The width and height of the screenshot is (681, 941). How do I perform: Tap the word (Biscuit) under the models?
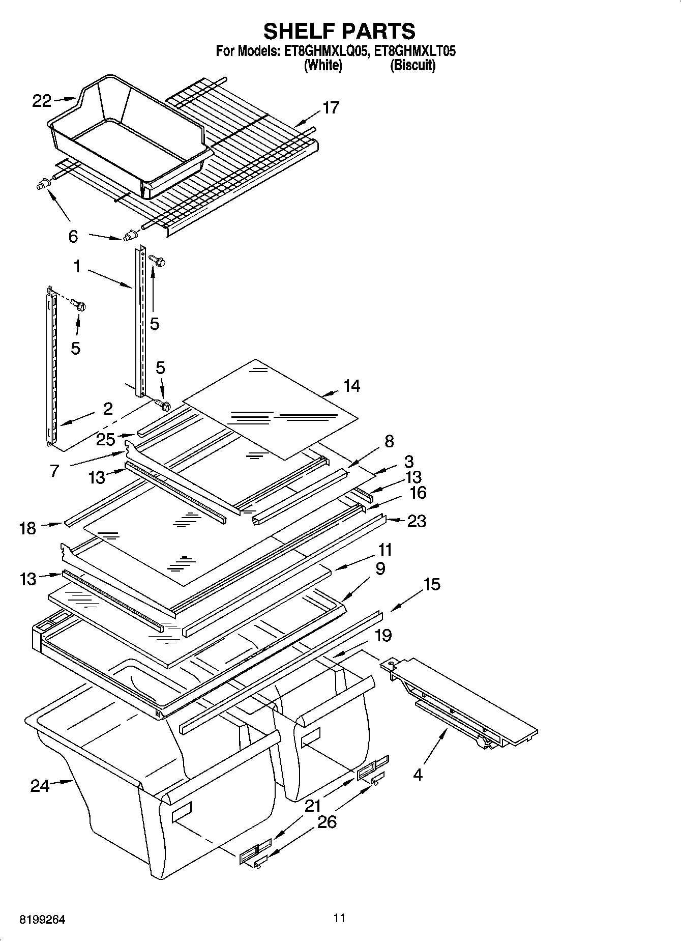(x=412, y=65)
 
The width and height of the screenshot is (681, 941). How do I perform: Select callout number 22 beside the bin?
(x=42, y=101)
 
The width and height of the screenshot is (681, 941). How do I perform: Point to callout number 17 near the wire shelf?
(x=331, y=108)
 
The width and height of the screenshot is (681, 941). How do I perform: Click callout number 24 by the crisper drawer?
(x=40, y=786)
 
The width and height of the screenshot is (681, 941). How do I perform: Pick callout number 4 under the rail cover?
(x=418, y=775)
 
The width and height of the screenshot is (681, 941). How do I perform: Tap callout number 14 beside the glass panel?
(x=351, y=386)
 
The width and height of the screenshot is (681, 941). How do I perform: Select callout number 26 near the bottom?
(x=327, y=821)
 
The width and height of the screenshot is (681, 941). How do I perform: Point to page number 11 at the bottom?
(x=339, y=918)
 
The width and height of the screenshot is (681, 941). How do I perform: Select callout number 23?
(x=416, y=521)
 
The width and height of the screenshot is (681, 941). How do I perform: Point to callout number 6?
(x=73, y=236)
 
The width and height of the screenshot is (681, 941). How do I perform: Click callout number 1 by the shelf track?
(x=77, y=266)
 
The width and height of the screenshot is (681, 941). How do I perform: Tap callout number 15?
(x=431, y=584)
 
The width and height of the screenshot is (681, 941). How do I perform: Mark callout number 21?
(x=313, y=805)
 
